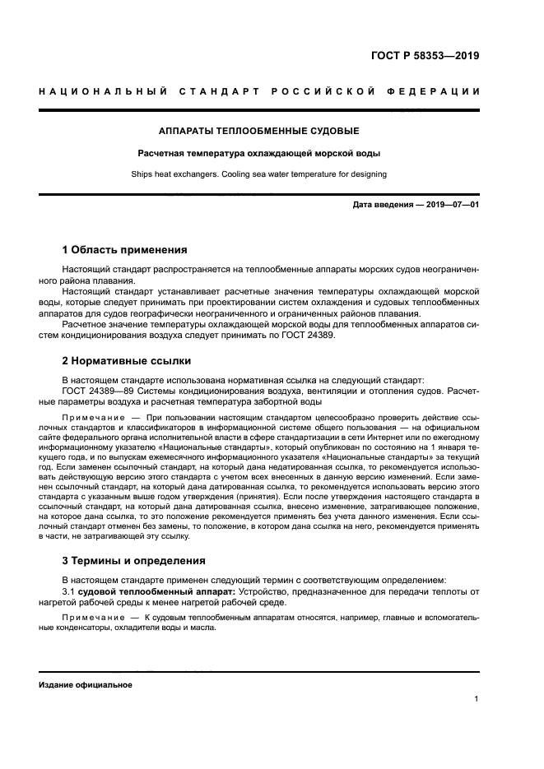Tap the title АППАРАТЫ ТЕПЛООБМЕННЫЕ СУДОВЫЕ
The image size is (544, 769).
(x=258, y=131)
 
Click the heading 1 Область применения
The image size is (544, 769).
(x=124, y=250)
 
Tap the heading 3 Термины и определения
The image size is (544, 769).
(x=134, y=561)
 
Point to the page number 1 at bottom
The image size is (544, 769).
(x=477, y=699)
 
